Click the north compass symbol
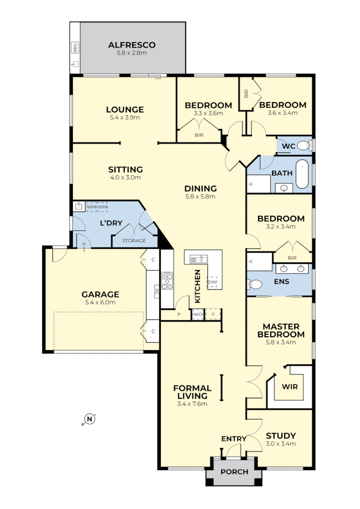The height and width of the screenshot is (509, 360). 89,420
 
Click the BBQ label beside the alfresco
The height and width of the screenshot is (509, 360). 75,48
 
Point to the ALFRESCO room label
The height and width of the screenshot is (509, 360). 132,45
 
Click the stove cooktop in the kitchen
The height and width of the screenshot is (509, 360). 167,281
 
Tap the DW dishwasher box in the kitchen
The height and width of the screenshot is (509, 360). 213,283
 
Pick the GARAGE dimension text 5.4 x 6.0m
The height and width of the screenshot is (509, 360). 100,302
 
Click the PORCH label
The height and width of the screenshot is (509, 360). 234,472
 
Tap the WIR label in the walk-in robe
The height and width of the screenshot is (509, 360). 289,386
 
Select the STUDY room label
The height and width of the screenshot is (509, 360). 281,436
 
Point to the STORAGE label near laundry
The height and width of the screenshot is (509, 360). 133,240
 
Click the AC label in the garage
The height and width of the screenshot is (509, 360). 156,291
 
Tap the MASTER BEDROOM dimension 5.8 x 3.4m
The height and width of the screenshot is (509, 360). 281,342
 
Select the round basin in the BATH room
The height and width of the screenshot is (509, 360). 285,188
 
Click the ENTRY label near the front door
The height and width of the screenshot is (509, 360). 234,438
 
